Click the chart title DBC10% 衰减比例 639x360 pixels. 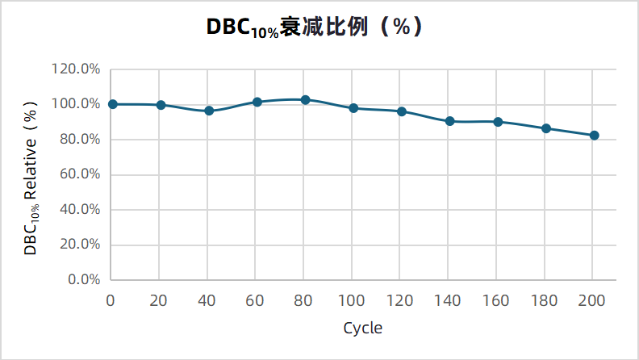(x=315, y=27)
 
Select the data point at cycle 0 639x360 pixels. (x=113, y=104)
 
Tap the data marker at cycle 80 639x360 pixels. (x=305, y=100)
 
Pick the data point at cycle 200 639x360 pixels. (x=594, y=136)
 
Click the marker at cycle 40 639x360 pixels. (x=209, y=111)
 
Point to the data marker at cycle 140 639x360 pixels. (x=449, y=121)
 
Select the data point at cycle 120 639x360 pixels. (x=402, y=111)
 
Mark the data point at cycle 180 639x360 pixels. (x=546, y=128)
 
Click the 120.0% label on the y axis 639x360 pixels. (x=76, y=69)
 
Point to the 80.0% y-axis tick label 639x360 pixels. (x=79, y=140)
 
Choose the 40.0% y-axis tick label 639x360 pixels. (x=79, y=210)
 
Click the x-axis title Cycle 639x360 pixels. (x=362, y=329)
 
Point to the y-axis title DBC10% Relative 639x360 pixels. (x=31, y=178)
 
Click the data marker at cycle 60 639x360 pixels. (x=257, y=103)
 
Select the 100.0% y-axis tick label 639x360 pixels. (x=76, y=104)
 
